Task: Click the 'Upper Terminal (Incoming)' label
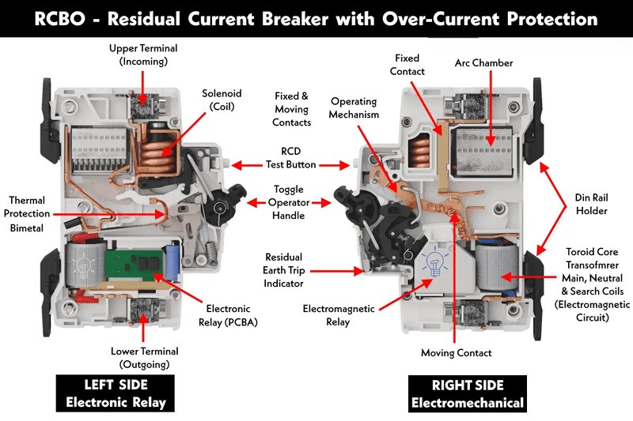(x=143, y=55)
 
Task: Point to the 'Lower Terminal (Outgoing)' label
(x=143, y=358)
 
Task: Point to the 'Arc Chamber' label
(x=483, y=63)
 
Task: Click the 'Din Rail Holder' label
(x=591, y=204)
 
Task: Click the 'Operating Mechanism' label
(x=354, y=108)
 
